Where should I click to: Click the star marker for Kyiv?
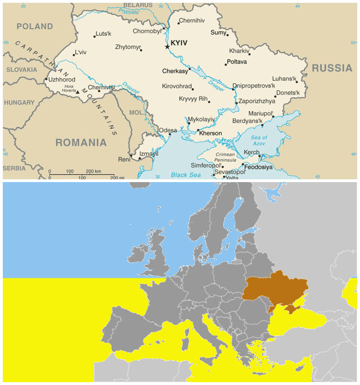click(x=167, y=47)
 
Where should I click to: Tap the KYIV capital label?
click(x=179, y=43)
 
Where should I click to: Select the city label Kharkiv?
click(x=239, y=51)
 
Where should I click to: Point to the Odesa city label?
click(x=168, y=130)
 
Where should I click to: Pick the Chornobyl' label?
click(x=147, y=31)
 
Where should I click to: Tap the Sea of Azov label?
click(x=259, y=140)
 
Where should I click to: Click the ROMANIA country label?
click(x=81, y=142)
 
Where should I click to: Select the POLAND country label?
click(x=34, y=26)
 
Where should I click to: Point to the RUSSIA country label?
click(x=331, y=68)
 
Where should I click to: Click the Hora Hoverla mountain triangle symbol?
click(x=78, y=91)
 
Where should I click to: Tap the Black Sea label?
click(x=186, y=175)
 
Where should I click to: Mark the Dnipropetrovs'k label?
click(x=255, y=86)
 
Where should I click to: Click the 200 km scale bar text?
click(x=93, y=171)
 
